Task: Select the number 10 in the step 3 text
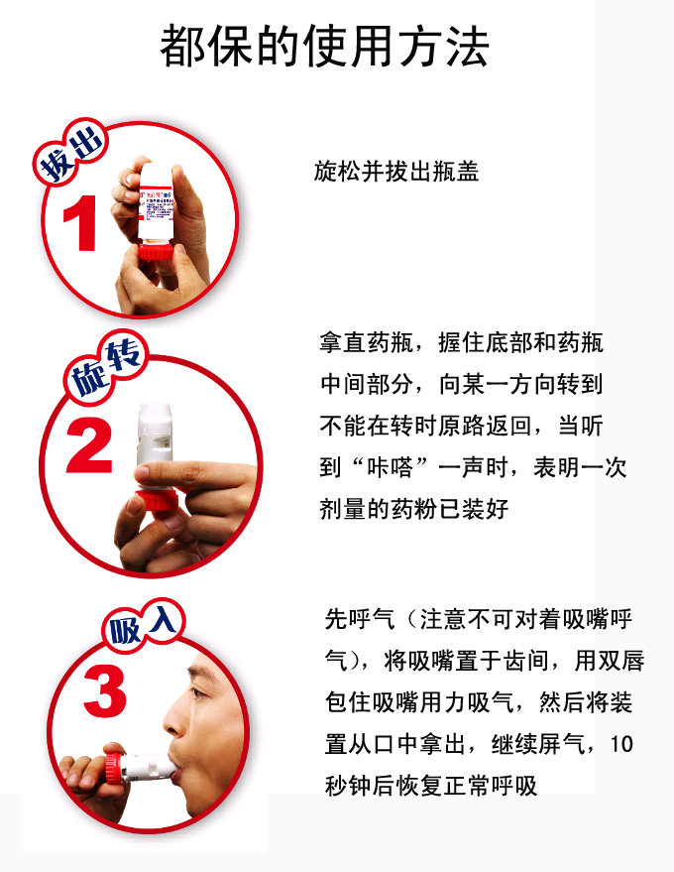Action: point(620,745)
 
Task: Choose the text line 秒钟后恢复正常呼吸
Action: point(430,787)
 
